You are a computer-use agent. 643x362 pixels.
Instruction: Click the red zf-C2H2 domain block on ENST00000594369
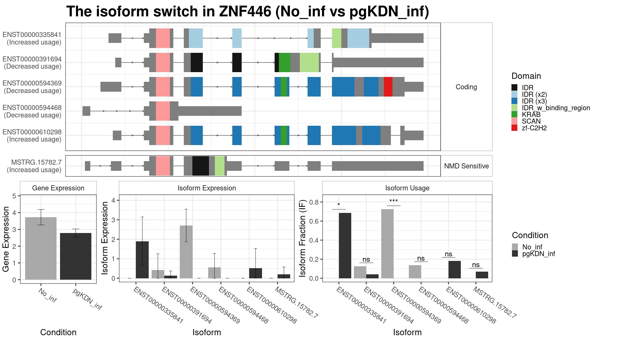pos(388,87)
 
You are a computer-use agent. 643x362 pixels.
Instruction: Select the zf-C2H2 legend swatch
pos(514,128)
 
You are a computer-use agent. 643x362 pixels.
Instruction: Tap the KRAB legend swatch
pos(514,114)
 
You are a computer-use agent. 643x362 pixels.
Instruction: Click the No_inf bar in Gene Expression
pos(41,248)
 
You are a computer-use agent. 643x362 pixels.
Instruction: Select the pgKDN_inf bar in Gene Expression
pos(76,256)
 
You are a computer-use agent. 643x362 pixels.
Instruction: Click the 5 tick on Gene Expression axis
pos(14,196)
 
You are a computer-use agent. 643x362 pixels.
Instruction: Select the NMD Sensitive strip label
pos(466,166)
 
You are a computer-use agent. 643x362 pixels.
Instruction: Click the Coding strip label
pos(466,87)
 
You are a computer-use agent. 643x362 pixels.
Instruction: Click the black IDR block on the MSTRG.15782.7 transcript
pos(200,166)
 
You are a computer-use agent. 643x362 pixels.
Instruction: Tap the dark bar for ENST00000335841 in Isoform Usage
pos(345,245)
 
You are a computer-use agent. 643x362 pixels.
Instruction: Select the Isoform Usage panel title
pos(407,188)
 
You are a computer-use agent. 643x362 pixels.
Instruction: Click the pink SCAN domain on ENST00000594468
pos(163,111)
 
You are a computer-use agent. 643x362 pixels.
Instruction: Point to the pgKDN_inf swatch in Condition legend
pos(515,254)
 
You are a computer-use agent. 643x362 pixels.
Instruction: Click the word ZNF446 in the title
pos(245,12)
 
